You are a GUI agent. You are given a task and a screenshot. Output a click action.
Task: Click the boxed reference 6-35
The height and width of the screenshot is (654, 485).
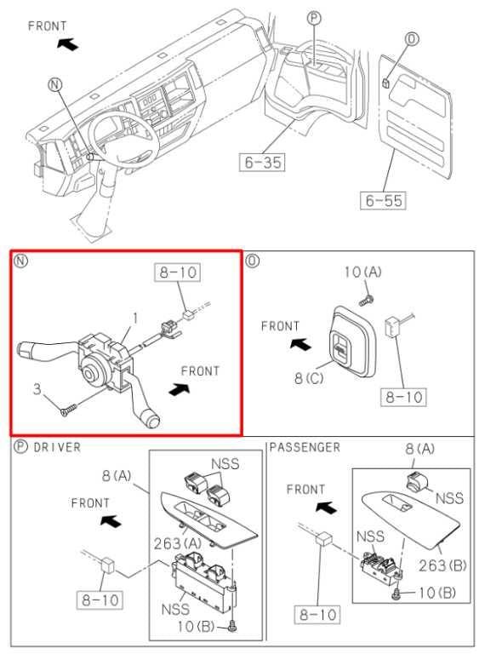(264, 161)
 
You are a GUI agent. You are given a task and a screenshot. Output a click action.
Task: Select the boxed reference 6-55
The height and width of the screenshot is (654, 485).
(384, 201)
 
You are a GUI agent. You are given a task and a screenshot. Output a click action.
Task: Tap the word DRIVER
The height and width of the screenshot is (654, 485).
(57, 447)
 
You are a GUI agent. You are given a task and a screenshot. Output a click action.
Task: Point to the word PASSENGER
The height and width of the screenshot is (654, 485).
(305, 447)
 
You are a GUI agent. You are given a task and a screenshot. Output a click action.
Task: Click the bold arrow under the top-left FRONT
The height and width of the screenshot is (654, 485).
(73, 42)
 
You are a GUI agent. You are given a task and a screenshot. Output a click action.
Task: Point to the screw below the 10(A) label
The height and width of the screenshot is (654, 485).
(366, 299)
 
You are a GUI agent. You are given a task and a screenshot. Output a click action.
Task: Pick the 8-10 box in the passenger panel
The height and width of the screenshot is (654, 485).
(317, 612)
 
